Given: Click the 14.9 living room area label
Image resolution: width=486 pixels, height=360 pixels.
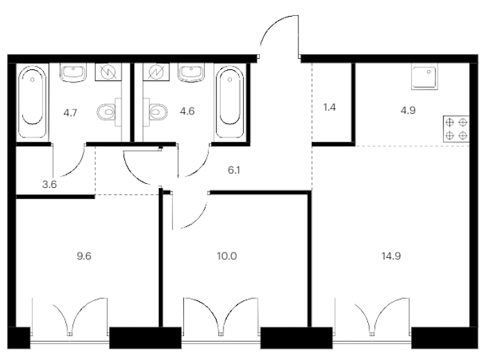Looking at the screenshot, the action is [x=391, y=257].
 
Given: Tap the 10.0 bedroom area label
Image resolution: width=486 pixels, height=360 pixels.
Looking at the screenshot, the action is [x=227, y=257].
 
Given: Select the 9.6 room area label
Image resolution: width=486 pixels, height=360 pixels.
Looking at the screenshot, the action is [x=84, y=257].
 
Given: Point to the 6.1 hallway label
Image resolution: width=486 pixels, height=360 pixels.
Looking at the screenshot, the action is [x=234, y=170].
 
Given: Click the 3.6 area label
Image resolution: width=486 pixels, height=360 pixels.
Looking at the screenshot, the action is [x=49, y=185].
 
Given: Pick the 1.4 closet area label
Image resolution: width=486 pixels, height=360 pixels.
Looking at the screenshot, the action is [x=329, y=108].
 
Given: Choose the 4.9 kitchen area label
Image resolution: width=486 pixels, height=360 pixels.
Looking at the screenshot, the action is [x=408, y=110].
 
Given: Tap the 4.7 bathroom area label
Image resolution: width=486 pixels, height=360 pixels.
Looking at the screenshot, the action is [x=70, y=112].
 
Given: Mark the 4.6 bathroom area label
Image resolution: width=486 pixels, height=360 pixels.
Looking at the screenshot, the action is [x=187, y=111].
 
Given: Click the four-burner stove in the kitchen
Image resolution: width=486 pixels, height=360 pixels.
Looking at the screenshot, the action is [x=456, y=129].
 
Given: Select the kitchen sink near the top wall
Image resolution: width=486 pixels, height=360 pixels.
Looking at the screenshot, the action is [x=425, y=76].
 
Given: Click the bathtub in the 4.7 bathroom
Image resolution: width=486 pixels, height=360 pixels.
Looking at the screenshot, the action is [x=33, y=102].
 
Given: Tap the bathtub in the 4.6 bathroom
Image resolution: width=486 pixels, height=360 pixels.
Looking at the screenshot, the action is [x=230, y=101].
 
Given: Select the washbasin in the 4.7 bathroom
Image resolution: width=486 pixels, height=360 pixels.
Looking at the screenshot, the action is [x=73, y=73].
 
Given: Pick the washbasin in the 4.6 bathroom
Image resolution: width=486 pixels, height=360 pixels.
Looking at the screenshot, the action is [x=191, y=73].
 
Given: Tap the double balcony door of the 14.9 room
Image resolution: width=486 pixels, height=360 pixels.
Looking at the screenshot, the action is [x=372, y=316].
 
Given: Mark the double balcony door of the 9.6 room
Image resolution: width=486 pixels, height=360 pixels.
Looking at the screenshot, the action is [x=69, y=316].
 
